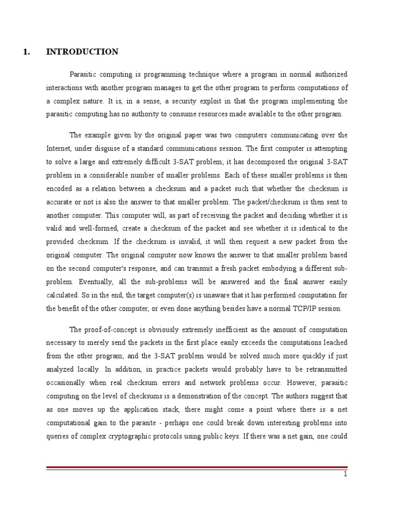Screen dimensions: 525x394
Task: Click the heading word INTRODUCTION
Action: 82,52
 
